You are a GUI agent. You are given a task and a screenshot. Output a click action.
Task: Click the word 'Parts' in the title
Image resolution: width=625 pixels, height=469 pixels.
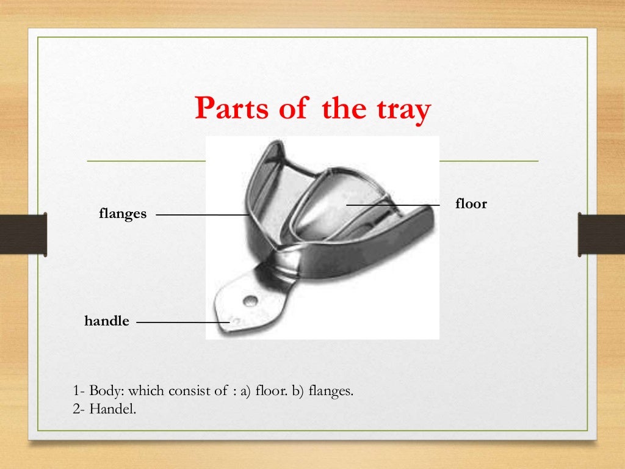click(x=230, y=111)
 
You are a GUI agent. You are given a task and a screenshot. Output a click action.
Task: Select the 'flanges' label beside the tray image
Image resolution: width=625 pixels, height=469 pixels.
click(x=123, y=214)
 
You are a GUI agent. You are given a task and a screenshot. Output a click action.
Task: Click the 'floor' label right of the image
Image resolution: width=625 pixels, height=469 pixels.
click(x=471, y=204)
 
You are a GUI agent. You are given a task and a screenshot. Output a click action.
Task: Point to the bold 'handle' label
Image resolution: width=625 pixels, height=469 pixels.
click(x=107, y=321)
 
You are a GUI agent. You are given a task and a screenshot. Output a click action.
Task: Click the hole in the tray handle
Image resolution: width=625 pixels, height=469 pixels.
click(x=250, y=300)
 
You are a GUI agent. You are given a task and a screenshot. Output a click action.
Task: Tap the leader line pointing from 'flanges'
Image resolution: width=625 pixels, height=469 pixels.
click(x=201, y=215)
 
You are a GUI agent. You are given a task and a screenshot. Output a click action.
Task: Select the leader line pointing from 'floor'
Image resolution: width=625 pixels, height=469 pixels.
click(x=393, y=205)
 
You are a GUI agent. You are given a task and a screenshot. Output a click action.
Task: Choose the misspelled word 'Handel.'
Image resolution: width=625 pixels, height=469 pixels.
click(x=113, y=409)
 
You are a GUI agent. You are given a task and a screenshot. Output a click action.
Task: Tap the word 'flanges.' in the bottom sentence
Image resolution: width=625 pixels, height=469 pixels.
click(x=331, y=391)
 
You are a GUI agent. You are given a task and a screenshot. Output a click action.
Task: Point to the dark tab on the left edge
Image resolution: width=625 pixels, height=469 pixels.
click(x=23, y=233)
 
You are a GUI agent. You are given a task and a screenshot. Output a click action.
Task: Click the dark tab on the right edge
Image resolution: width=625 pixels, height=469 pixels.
click(x=601, y=233)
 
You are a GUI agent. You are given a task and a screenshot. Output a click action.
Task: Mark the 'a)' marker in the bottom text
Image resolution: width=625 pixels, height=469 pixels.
click(x=246, y=391)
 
